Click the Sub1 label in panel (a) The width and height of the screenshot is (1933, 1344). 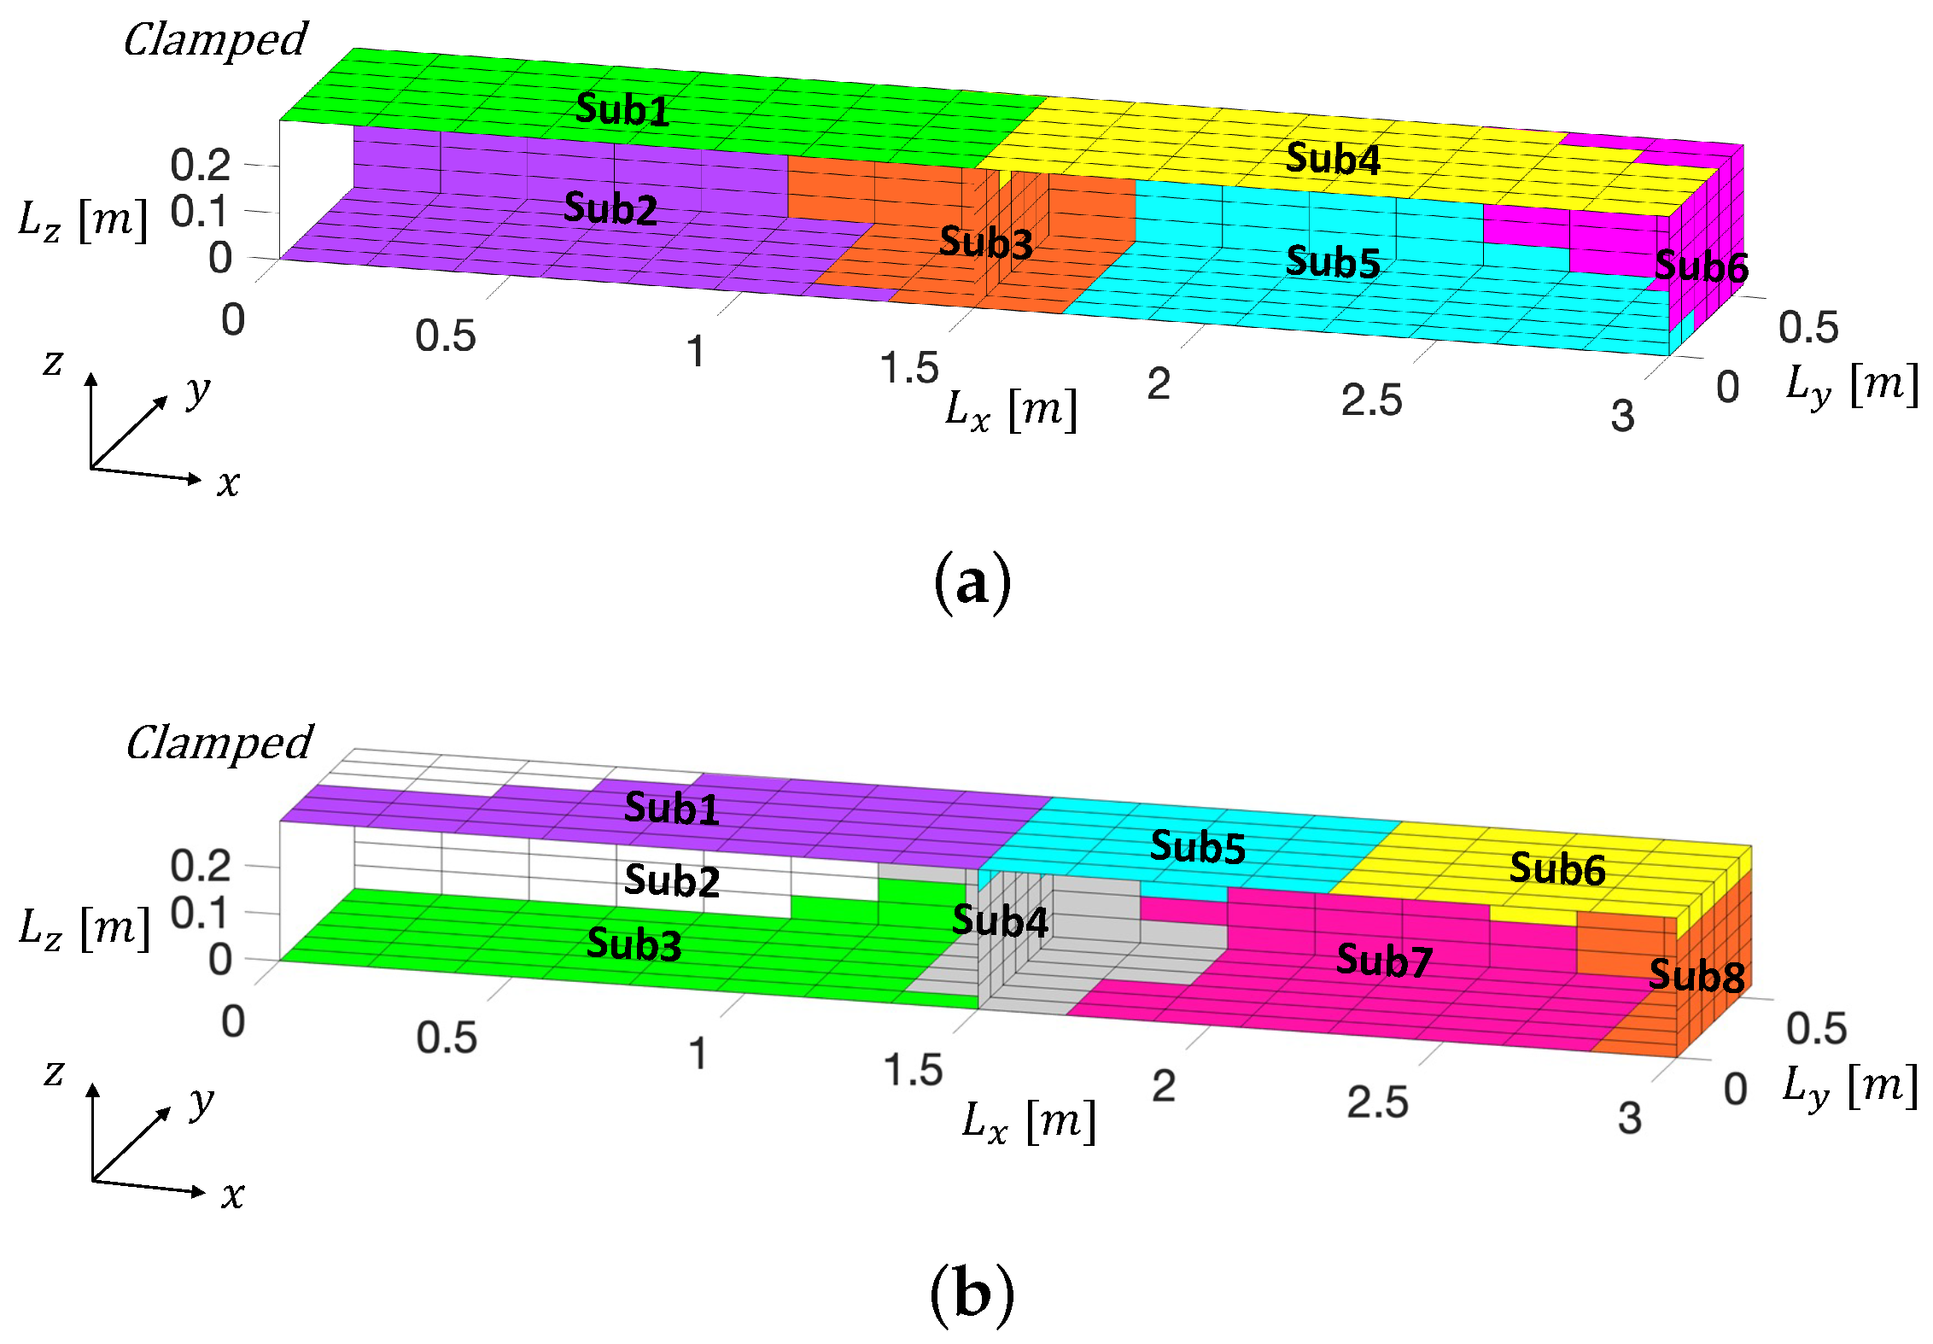622,109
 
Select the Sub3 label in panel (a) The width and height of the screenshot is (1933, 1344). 986,243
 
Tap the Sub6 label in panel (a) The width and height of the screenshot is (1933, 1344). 1701,267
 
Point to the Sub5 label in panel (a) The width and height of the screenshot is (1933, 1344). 1333,262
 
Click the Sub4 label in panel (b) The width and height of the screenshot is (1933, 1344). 1000,920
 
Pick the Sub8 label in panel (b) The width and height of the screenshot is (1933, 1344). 1696,975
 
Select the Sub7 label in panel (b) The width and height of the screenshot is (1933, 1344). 1384,961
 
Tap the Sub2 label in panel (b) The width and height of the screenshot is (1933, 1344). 672,880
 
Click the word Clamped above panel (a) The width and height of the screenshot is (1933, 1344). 215,40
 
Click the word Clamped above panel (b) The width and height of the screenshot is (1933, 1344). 219,743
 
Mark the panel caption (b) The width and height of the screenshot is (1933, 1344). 972,1294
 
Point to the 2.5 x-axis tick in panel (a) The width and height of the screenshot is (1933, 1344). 1371,400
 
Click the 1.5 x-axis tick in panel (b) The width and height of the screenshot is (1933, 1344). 913,1070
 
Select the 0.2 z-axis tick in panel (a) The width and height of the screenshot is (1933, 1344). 201,164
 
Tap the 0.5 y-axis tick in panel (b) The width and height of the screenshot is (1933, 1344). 1816,1028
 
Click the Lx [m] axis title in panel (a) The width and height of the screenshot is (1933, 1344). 1011,410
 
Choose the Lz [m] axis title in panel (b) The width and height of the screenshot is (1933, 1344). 85,928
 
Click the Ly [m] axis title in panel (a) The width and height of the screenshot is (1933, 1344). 1852,385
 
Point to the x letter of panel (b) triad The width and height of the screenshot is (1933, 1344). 232,1195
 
